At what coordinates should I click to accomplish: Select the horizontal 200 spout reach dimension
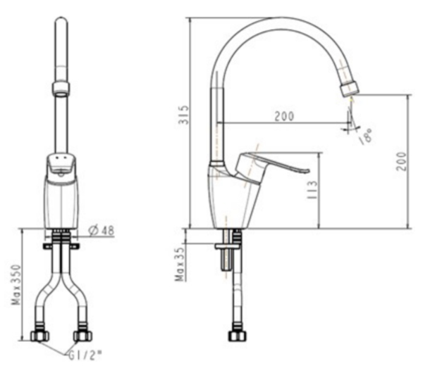pyautogui.click(x=283, y=116)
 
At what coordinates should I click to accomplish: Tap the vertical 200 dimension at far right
pyautogui.click(x=402, y=161)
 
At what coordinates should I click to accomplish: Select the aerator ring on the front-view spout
pyautogui.click(x=61, y=88)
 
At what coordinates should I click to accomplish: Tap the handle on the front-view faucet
pyautogui.click(x=61, y=166)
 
